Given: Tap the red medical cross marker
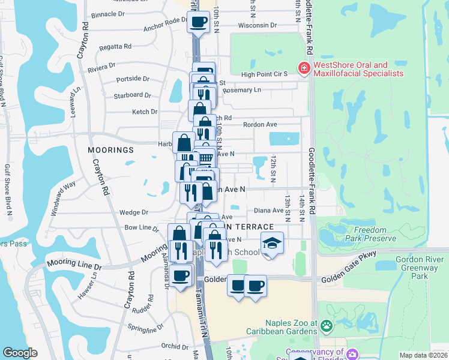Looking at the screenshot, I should [x=305, y=69].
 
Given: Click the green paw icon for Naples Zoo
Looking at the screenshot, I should [x=326, y=326].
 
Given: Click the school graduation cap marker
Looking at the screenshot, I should [x=272, y=243].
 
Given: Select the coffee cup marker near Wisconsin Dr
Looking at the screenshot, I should [x=198, y=23].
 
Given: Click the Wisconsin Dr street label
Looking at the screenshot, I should [x=257, y=26].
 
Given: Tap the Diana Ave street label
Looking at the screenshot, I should [x=268, y=211].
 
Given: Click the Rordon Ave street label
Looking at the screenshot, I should [x=260, y=125].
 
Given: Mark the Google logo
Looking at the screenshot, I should [x=20, y=353].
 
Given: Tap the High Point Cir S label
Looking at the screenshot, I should [x=264, y=74].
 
